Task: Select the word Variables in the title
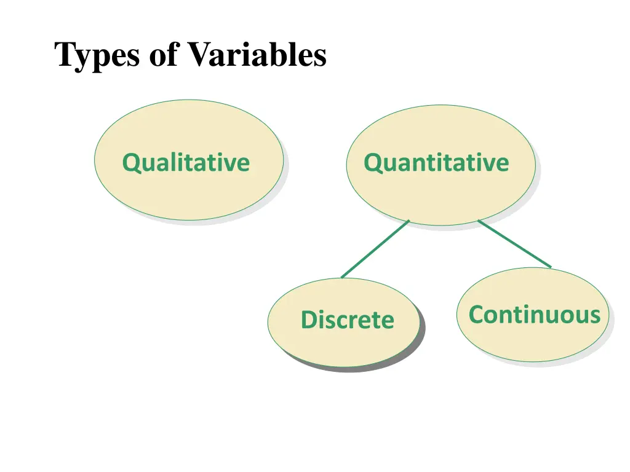click(257, 55)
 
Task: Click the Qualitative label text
click(186, 163)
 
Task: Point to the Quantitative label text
click(436, 163)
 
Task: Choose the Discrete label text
click(347, 320)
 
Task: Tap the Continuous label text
click(534, 315)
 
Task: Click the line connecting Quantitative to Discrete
click(375, 249)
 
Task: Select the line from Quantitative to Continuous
click(514, 244)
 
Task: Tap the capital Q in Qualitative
click(130, 163)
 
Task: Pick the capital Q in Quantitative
click(372, 163)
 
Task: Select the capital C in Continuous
click(477, 315)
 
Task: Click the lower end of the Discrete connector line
click(343, 277)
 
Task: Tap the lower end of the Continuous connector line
click(549, 267)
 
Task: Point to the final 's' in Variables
click(319, 56)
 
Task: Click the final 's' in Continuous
click(594, 316)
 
